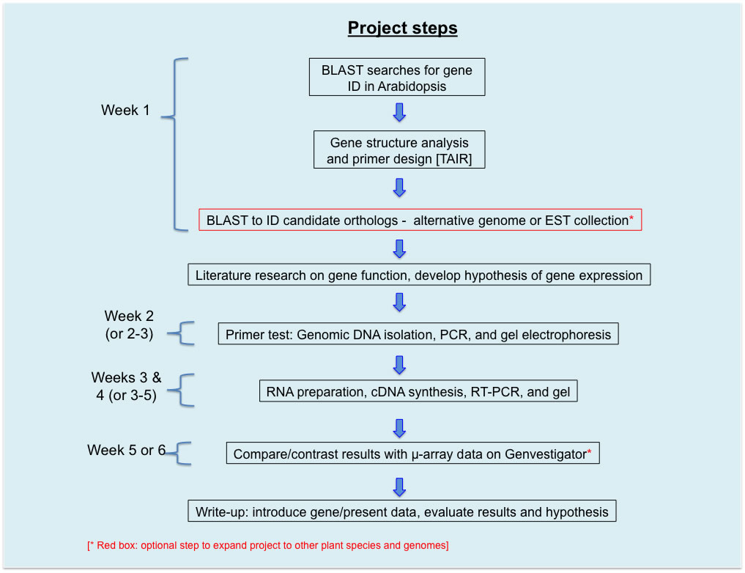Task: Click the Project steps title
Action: click(402, 29)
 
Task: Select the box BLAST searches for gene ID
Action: click(396, 78)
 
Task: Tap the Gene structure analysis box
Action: click(399, 150)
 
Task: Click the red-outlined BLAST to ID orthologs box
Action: click(420, 220)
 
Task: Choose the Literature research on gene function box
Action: click(418, 276)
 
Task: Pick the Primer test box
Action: click(418, 334)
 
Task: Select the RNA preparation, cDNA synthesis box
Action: click(418, 392)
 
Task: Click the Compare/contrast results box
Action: click(412, 454)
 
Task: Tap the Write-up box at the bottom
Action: click(401, 511)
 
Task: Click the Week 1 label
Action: click(125, 111)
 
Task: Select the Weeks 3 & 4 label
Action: click(126, 387)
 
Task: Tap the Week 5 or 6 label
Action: click(126, 450)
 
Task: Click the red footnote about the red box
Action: click(267, 545)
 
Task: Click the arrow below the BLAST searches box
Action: click(399, 112)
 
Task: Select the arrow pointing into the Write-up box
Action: click(399, 486)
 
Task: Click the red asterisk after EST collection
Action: click(631, 218)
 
